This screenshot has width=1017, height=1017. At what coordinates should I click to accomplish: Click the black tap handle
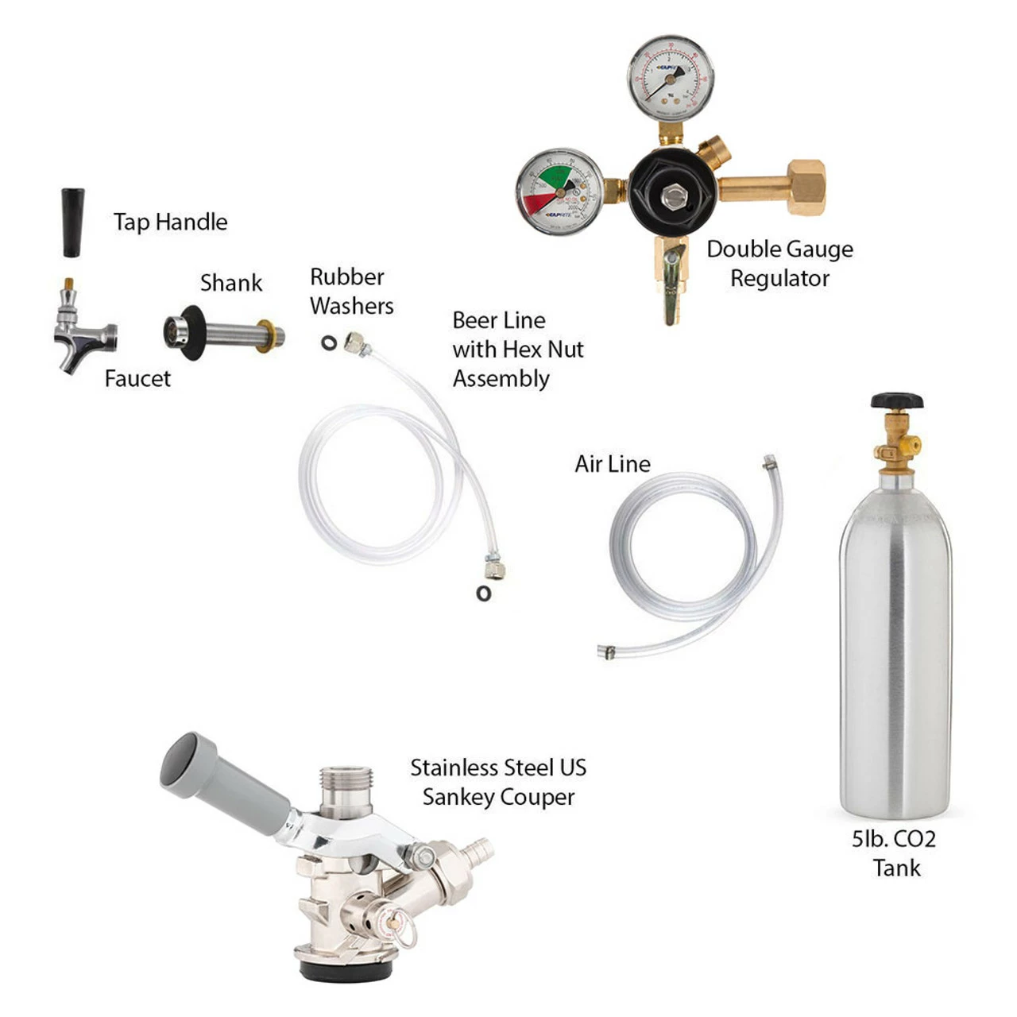[x=73, y=222]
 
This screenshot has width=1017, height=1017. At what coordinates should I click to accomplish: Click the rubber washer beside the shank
[x=329, y=343]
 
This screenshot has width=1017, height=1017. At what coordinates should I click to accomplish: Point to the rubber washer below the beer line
[x=483, y=593]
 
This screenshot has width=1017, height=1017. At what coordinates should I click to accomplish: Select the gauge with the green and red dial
[x=559, y=191]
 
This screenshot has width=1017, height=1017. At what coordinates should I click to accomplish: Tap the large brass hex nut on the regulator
[x=806, y=188]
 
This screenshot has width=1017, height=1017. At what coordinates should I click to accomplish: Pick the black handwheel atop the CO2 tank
[x=896, y=400]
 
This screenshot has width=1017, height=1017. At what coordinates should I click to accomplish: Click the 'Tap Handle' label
[x=170, y=222]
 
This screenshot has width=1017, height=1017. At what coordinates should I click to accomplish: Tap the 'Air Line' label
[x=612, y=464]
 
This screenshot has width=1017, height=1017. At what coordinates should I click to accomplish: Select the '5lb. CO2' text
[x=894, y=839]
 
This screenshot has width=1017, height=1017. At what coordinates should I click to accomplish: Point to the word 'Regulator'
[x=779, y=279]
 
